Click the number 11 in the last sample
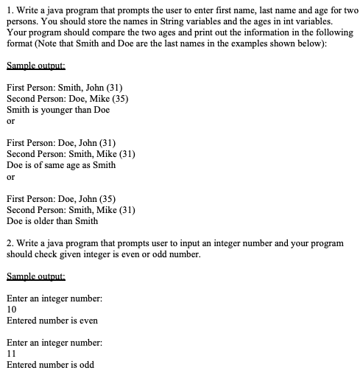point(11,354)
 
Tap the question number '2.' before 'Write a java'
point(9,242)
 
